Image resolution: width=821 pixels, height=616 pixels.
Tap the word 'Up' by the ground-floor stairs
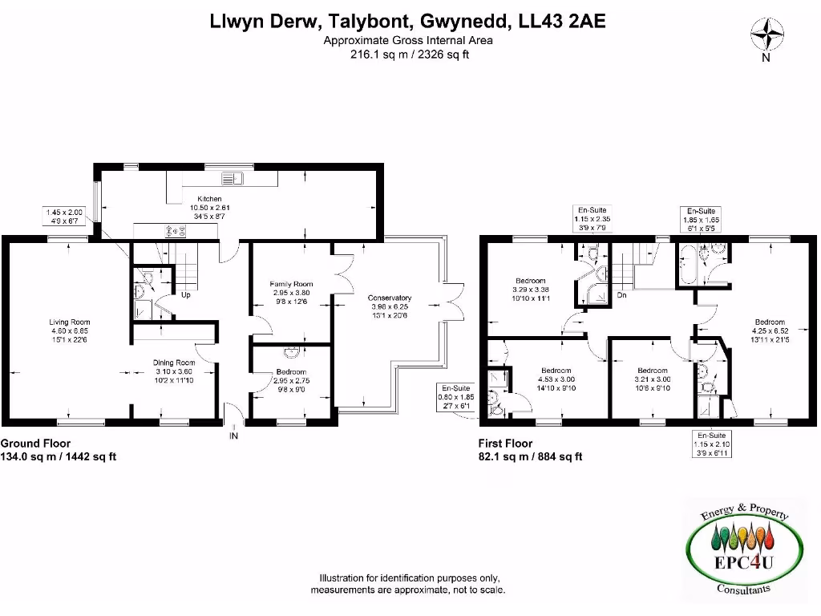(186, 295)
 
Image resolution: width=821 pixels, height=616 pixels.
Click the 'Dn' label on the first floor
(621, 295)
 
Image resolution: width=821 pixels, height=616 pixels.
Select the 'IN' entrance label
(234, 436)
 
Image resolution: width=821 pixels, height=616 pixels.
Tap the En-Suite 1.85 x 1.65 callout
(702, 218)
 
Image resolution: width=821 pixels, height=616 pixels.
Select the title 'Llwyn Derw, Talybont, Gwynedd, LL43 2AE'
(407, 22)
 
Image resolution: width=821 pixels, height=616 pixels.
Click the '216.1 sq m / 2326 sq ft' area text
(409, 55)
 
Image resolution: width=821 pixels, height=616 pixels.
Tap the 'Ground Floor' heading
(35, 444)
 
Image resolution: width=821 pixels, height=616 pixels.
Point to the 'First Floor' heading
(505, 444)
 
